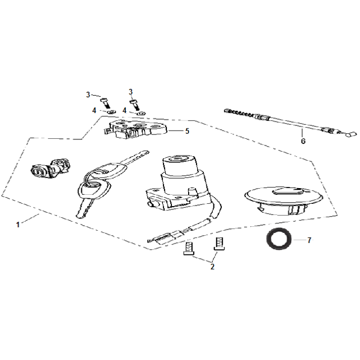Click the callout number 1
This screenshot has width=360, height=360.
tap(18, 225)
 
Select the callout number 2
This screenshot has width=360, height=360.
tap(212, 267)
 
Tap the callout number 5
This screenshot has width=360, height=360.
tap(188, 131)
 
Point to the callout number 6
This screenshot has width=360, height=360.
tap(303, 141)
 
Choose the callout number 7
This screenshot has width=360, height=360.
tap(310, 240)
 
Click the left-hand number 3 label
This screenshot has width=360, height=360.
tap(88, 95)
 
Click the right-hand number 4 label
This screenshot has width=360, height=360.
tap(124, 111)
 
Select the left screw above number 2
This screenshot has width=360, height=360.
tap(189, 249)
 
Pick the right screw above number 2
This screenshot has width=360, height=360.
tap(219, 244)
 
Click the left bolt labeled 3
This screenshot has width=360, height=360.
tap(105, 102)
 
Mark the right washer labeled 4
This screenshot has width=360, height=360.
tap(141, 113)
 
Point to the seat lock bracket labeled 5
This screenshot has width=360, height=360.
tap(135, 129)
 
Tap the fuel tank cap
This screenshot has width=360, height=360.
tap(284, 200)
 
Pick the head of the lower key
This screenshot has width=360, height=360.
tap(95, 190)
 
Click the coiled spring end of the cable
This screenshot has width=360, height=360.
tap(239, 113)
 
